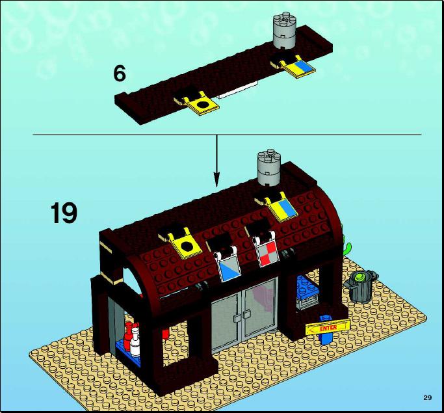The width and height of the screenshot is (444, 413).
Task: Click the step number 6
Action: coord(120,73)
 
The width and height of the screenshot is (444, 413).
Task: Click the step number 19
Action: coord(64,213)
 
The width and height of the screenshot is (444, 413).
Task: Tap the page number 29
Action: coord(428,397)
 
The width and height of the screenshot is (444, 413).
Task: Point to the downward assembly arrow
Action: coord(216,161)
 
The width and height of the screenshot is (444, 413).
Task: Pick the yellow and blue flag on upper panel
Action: coord(299,66)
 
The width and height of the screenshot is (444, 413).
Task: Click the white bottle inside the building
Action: coord(135,341)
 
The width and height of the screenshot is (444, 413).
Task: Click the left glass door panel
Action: coord(226,321)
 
